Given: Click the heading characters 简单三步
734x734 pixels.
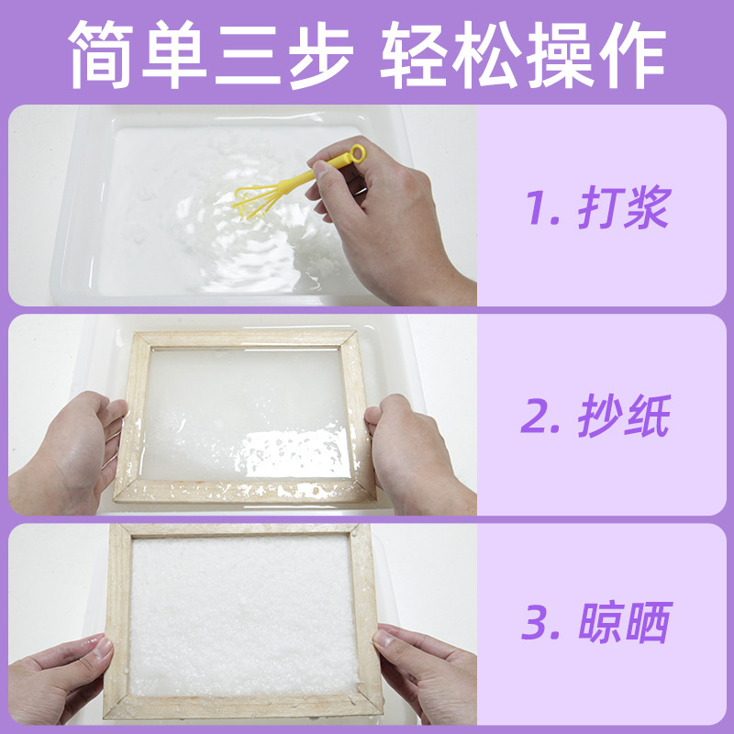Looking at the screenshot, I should [211, 57].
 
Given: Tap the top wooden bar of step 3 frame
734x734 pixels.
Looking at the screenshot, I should [239, 530].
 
